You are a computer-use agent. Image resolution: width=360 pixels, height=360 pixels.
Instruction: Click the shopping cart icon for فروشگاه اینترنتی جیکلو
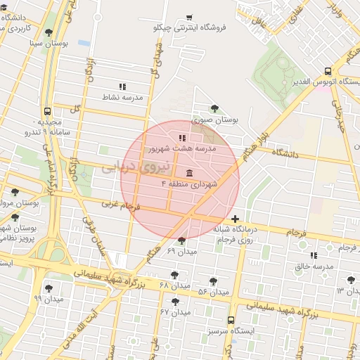point(189,18)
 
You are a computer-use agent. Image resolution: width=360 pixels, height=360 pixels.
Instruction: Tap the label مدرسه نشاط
point(122,97)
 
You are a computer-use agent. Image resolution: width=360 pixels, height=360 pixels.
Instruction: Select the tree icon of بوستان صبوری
point(214,108)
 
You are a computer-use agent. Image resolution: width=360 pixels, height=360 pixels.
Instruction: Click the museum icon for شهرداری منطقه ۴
point(189,173)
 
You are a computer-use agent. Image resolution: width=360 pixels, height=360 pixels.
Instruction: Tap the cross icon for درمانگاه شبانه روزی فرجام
point(235,219)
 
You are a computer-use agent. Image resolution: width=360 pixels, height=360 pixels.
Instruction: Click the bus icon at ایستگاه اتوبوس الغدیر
point(328,71)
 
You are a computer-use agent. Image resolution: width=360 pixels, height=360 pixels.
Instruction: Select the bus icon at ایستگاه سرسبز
point(231,319)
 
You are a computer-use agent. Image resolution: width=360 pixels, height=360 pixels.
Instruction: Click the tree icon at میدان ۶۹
point(181,241)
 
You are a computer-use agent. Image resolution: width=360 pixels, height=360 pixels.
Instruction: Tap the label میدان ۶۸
point(175,286)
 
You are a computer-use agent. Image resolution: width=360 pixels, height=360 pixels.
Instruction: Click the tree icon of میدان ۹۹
point(49,288)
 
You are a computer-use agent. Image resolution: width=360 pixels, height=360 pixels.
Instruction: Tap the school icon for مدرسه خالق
point(313,255)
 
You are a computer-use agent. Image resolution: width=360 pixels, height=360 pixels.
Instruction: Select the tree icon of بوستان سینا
point(49,32)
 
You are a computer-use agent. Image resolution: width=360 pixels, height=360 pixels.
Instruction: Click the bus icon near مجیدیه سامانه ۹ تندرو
point(47,111)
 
